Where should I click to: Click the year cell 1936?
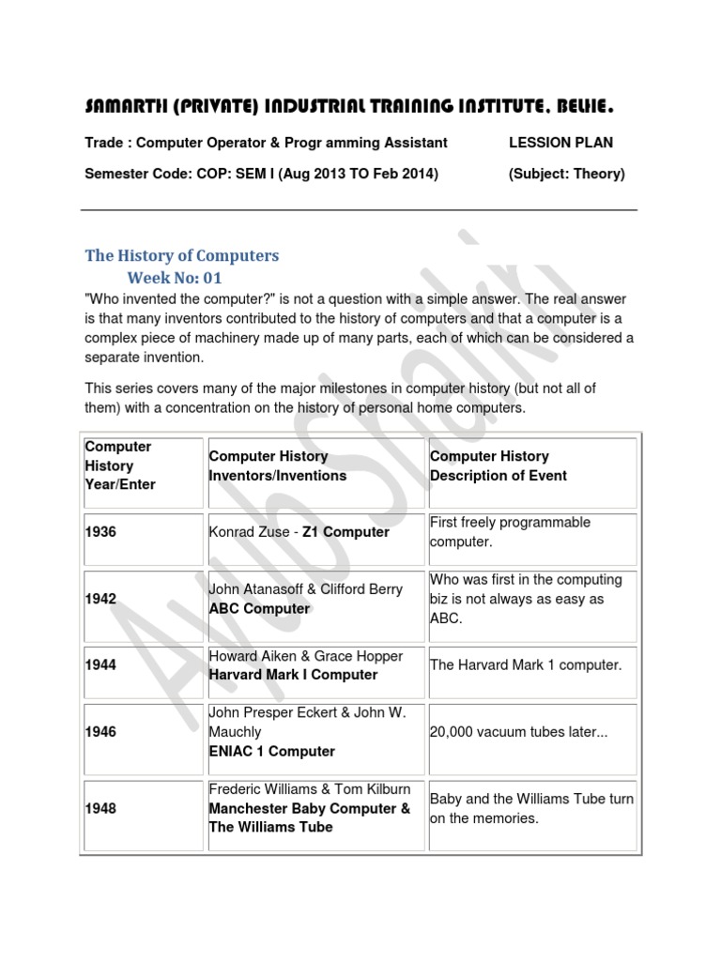click(x=100, y=532)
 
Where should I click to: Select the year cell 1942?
click(x=100, y=599)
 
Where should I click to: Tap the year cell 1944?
click(x=100, y=665)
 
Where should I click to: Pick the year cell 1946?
click(x=100, y=732)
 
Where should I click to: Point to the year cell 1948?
click(x=100, y=808)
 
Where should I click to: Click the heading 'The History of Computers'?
click(x=182, y=255)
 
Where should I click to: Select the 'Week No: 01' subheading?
click(x=175, y=279)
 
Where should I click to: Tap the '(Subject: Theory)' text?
click(x=566, y=174)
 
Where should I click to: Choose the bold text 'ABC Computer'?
click(x=259, y=608)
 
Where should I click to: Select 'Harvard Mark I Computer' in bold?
click(x=293, y=675)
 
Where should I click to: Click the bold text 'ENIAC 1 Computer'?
click(x=271, y=751)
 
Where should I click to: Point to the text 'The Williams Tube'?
click(x=270, y=827)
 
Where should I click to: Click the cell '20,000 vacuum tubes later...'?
click(x=519, y=732)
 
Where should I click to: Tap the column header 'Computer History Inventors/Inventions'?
click(x=277, y=465)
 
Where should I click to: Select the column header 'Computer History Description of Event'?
click(x=499, y=465)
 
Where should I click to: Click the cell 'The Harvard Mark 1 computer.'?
click(x=526, y=665)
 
